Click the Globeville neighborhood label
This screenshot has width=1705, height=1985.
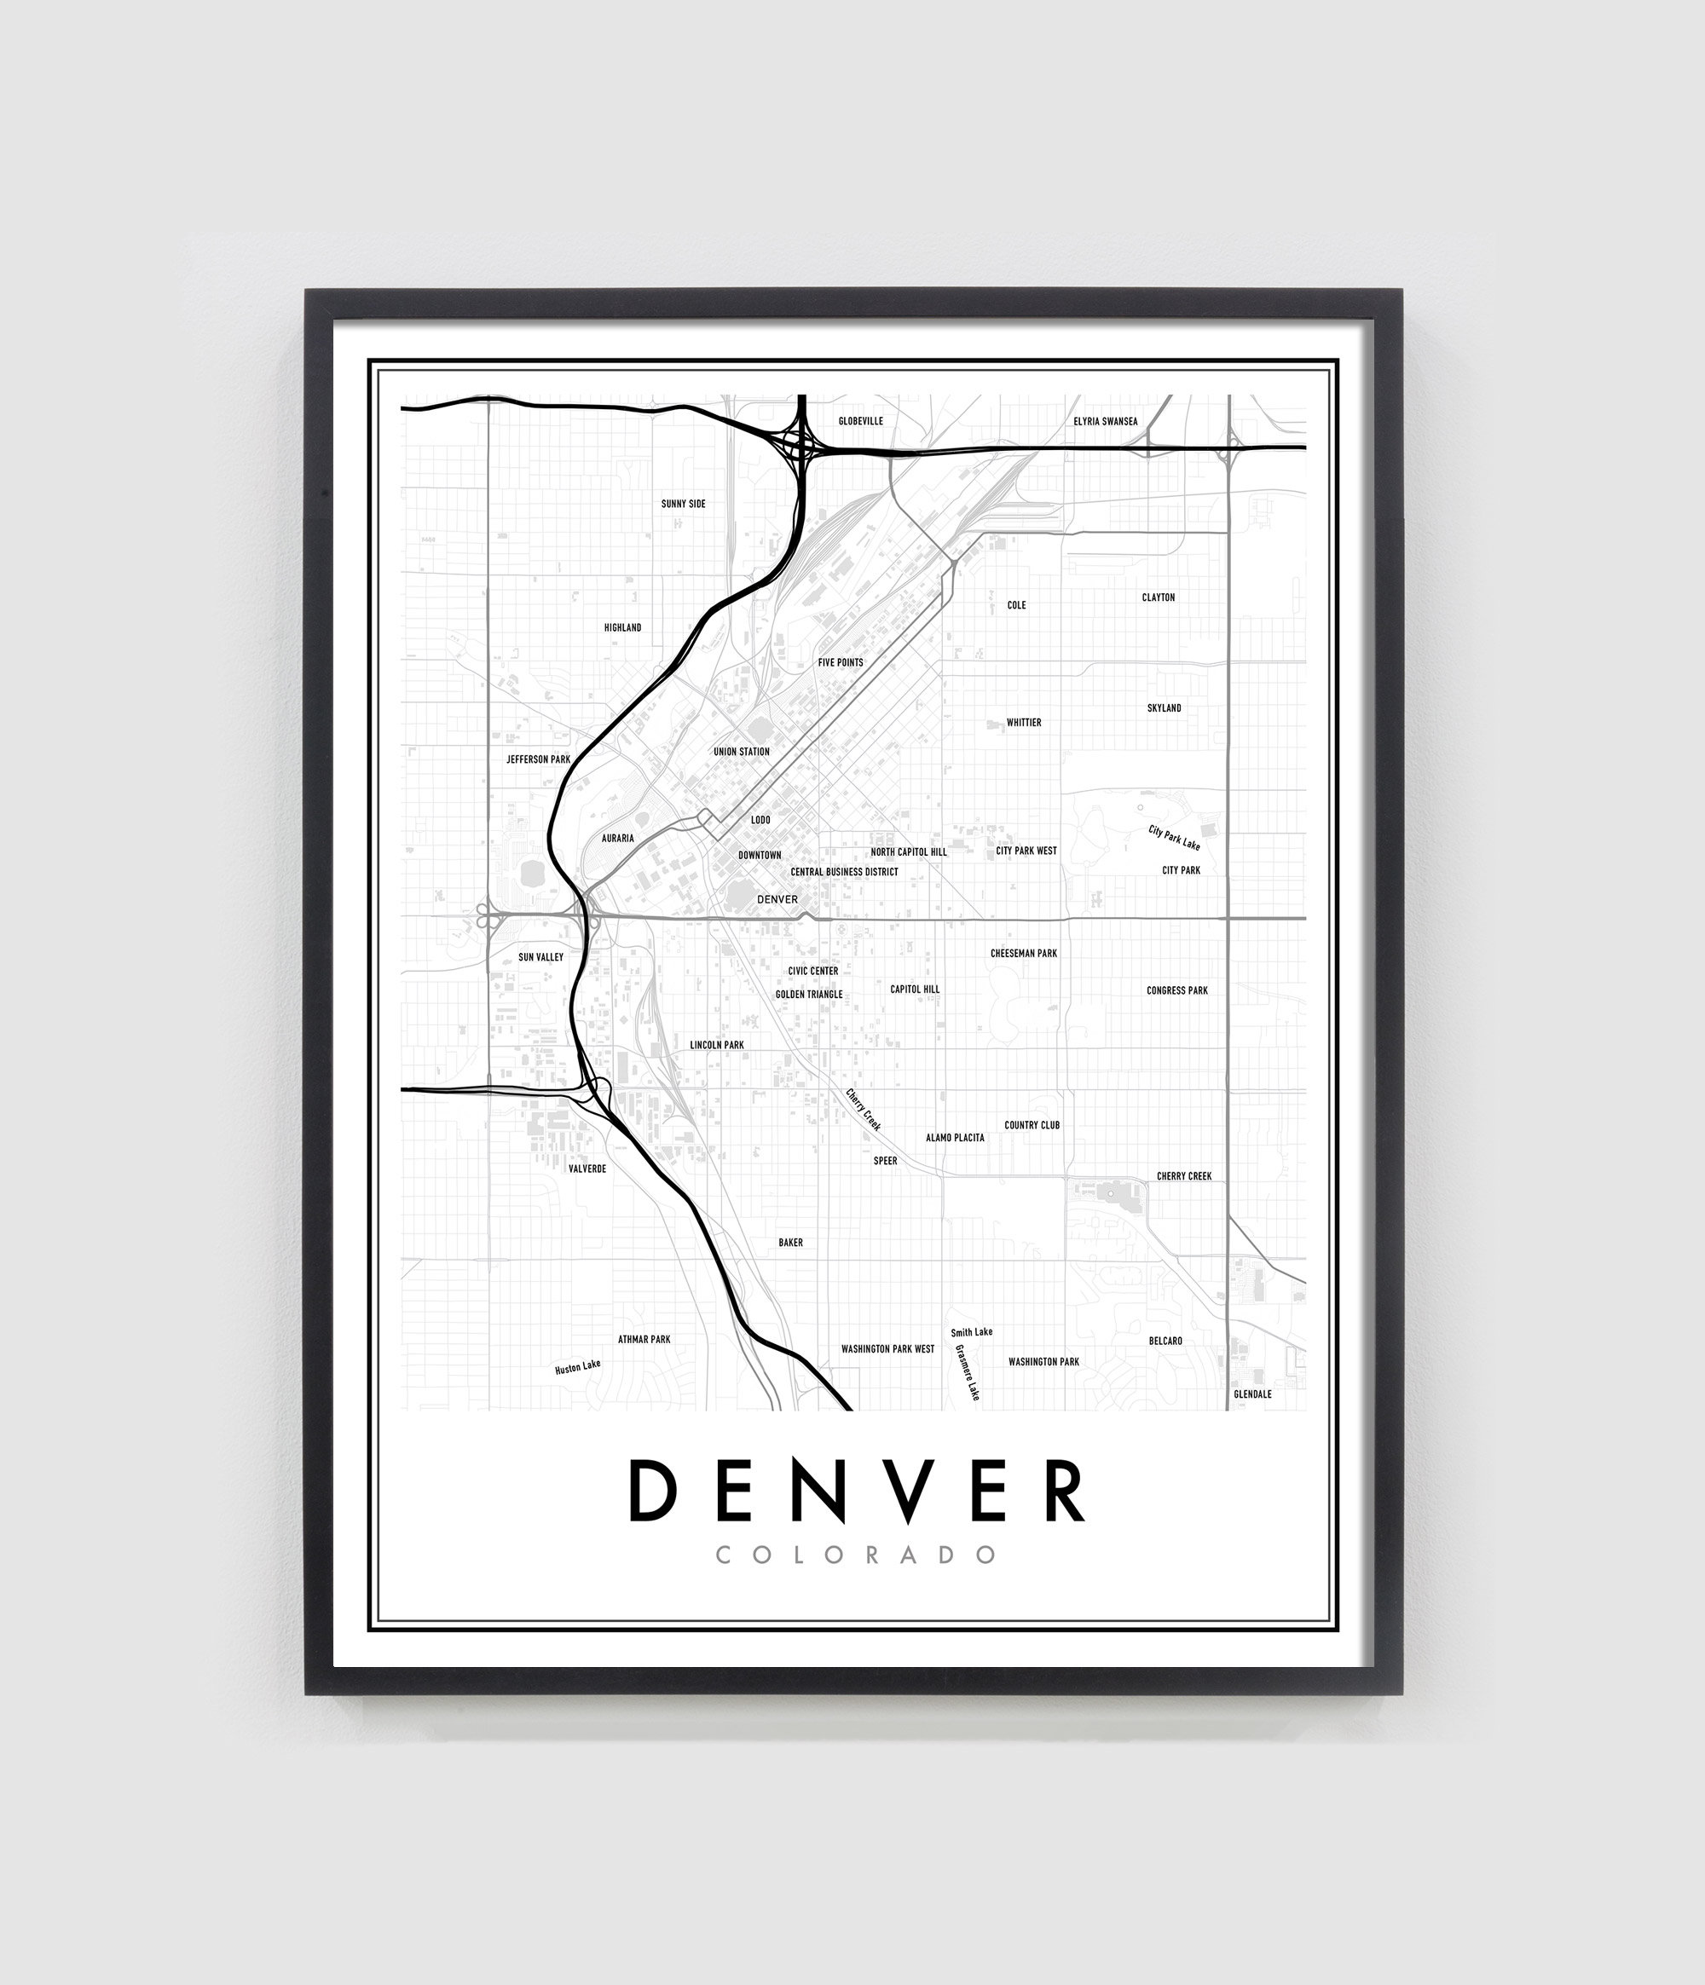click(861, 420)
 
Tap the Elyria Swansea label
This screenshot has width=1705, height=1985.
click(1105, 420)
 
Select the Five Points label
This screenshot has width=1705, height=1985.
click(841, 662)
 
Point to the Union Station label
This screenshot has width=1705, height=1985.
click(741, 751)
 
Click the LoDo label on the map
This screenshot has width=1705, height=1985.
click(760, 820)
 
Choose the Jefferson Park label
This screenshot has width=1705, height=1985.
click(538, 759)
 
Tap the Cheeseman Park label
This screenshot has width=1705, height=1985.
click(1024, 953)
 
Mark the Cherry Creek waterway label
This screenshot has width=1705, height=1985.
click(863, 1110)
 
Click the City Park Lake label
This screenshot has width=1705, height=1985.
click(1174, 837)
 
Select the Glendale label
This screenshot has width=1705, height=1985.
click(1251, 1394)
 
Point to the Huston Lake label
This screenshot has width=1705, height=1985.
click(577, 1367)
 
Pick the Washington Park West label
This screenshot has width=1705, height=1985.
click(887, 1349)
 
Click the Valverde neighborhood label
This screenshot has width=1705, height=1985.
click(587, 1168)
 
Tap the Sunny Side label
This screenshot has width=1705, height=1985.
click(684, 504)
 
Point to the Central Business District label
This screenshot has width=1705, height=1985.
click(844, 872)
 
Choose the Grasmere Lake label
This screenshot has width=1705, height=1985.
click(967, 1373)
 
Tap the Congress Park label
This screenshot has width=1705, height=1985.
click(1177, 990)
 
